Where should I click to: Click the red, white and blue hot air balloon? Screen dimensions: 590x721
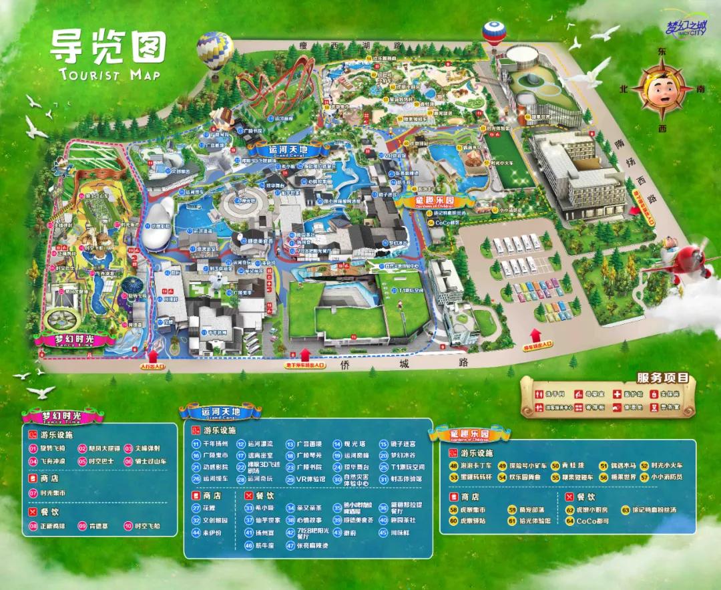(x=494, y=33)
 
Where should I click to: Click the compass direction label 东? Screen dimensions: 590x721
(x=662, y=51)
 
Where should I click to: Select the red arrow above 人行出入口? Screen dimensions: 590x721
(x=152, y=355)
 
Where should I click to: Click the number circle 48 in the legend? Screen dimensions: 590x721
(x=453, y=466)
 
